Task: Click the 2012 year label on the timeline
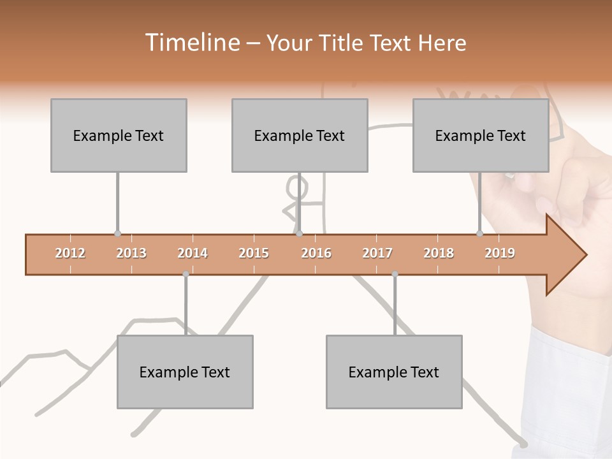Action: click(70, 253)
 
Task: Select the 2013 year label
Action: click(131, 253)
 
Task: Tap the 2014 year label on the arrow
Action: click(193, 253)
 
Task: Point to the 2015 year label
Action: click(254, 253)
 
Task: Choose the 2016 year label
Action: click(316, 253)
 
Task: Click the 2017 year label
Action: click(377, 253)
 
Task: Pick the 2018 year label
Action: click(439, 253)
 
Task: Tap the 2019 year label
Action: click(500, 253)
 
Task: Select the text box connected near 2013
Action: click(119, 135)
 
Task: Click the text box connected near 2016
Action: click(300, 135)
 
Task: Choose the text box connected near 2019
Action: click(481, 135)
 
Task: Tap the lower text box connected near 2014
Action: click(185, 372)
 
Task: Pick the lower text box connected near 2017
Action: click(394, 372)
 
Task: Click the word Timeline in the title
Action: click(191, 43)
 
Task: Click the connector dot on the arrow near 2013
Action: click(117, 234)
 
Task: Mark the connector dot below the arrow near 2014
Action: click(186, 274)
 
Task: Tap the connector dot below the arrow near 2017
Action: click(395, 274)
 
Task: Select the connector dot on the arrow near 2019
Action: click(479, 234)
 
